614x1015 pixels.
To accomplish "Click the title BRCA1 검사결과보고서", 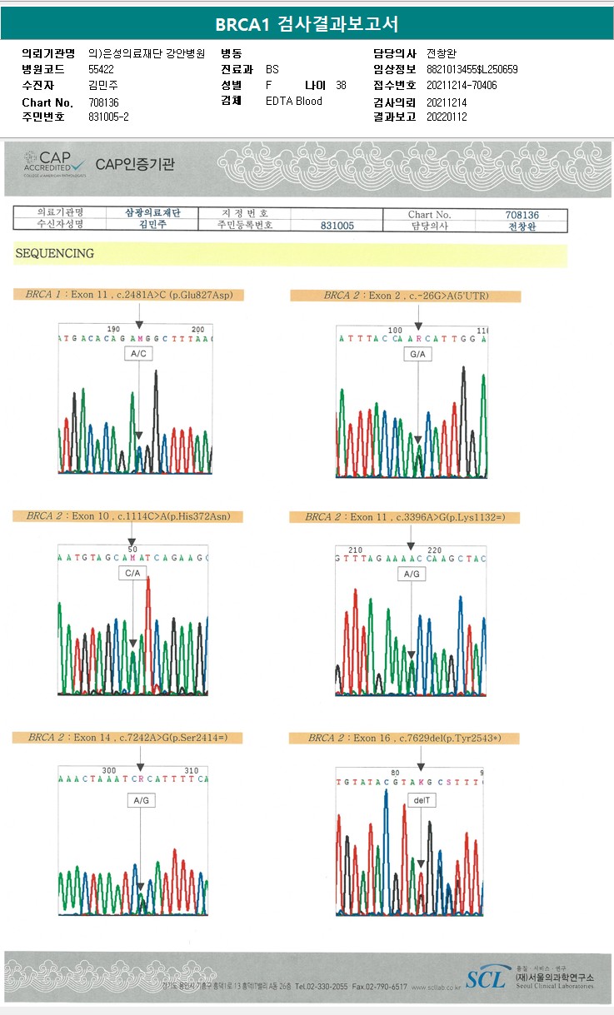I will [x=307, y=24].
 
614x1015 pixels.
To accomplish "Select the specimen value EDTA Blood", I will [x=293, y=101].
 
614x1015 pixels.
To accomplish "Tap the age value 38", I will [x=341, y=85].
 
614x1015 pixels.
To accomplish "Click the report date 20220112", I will [x=447, y=117].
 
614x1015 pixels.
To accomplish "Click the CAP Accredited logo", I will [x=53, y=162].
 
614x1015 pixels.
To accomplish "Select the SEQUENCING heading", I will [x=54, y=254].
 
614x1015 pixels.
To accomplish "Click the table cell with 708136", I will [x=522, y=214].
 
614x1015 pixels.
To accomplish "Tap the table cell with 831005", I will [x=337, y=226].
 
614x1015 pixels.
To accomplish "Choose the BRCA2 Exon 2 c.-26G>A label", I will [x=405, y=296].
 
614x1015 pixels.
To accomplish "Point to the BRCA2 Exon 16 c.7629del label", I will [x=404, y=738].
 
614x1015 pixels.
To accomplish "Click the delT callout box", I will [x=421, y=799].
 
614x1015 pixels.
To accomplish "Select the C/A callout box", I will [x=133, y=574].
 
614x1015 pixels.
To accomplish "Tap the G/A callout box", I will [x=418, y=355].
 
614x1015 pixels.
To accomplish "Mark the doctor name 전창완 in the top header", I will [x=441, y=53].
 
